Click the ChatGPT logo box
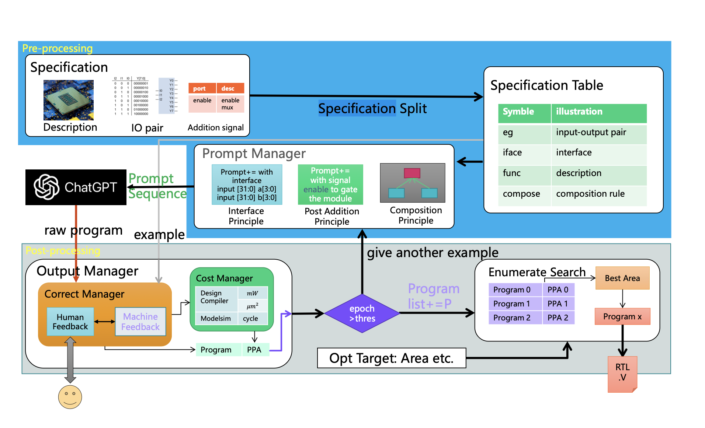coord(76,187)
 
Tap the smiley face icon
coord(70,397)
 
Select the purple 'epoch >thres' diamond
coord(362,313)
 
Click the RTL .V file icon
coord(622,373)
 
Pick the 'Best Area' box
coord(622,278)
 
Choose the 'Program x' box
coord(622,316)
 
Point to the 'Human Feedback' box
coord(70,322)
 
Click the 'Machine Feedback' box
coord(140,322)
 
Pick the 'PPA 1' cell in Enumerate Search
coord(558,304)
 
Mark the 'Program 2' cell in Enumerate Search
coord(515,318)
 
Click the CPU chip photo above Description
coord(69,100)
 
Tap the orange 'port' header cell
coord(202,88)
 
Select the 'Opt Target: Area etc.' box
coord(391,358)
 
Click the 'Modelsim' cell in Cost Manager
coord(216,318)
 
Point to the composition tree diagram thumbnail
coord(413,183)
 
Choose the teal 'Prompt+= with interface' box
coord(247,185)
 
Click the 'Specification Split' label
coord(372,109)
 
